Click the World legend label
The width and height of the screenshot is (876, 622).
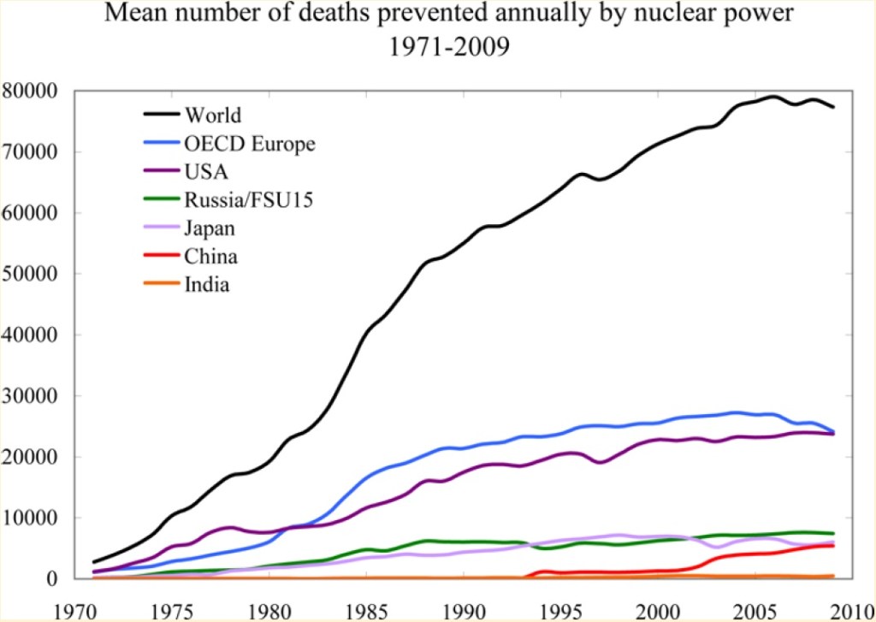coord(213,115)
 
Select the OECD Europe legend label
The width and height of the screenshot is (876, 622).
coord(250,143)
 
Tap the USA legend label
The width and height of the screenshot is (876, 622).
coord(205,172)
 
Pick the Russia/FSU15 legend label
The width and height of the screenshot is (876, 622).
coord(243,200)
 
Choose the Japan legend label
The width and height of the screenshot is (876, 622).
coord(210,228)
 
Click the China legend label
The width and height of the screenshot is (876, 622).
coord(210,257)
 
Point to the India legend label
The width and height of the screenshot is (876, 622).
coord(207,285)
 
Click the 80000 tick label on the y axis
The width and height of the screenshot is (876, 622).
coord(30,91)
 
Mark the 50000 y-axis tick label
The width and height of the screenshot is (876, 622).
coord(30,274)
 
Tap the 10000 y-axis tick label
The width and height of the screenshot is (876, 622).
coord(30,518)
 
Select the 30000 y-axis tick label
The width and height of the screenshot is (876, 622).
coord(30,395)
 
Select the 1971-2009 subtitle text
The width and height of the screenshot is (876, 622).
coord(449,48)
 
